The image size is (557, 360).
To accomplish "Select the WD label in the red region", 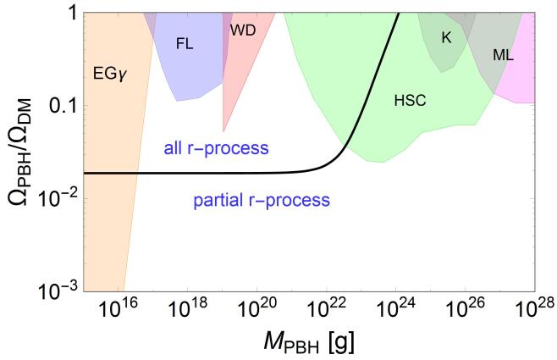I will [242, 30].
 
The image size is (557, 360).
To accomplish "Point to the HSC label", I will [410, 101].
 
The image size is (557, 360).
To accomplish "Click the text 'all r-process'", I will [216, 150].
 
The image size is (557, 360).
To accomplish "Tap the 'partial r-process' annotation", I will [256, 201].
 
